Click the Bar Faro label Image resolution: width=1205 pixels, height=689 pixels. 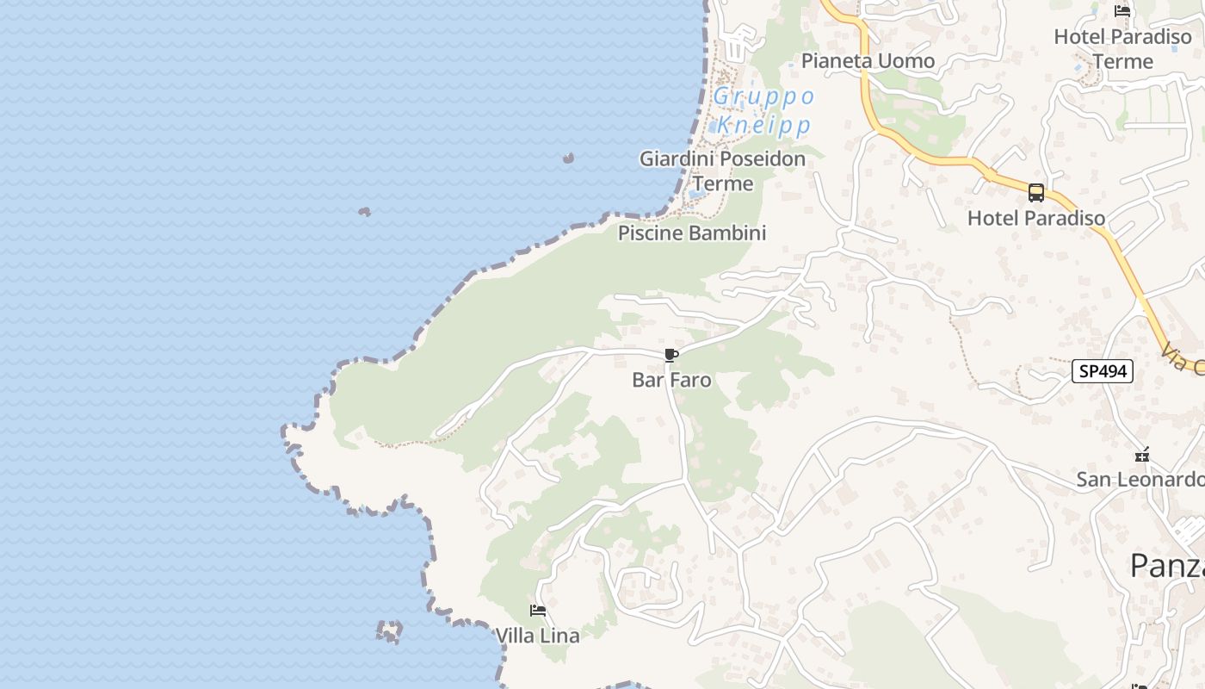click(671, 380)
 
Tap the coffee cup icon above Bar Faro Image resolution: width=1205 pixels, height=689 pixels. click(671, 355)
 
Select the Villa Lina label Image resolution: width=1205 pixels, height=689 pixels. click(537, 636)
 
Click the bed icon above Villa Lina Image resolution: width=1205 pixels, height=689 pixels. click(538, 611)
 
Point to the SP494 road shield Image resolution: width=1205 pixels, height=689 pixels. click(1102, 371)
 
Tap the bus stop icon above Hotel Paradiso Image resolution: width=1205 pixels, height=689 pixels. click(1036, 193)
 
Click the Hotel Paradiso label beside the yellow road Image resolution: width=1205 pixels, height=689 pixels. click(1035, 218)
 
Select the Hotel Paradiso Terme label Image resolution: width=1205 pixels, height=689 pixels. click(1122, 49)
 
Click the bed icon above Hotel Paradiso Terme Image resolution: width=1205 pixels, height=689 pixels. click(1122, 11)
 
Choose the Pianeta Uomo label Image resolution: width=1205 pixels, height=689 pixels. click(868, 60)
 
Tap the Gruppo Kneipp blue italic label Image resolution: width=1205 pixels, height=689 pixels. click(763, 110)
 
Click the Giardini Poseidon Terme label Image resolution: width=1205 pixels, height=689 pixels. click(722, 171)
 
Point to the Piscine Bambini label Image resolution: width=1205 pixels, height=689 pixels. click(691, 233)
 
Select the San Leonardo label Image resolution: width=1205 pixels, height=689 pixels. click(1140, 480)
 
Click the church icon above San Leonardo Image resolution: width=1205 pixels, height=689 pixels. click(1142, 454)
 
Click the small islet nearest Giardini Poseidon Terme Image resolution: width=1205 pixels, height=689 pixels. click(568, 158)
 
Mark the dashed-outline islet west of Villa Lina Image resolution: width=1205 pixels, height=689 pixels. click(389, 632)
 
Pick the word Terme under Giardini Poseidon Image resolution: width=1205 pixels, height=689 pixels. click(722, 183)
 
